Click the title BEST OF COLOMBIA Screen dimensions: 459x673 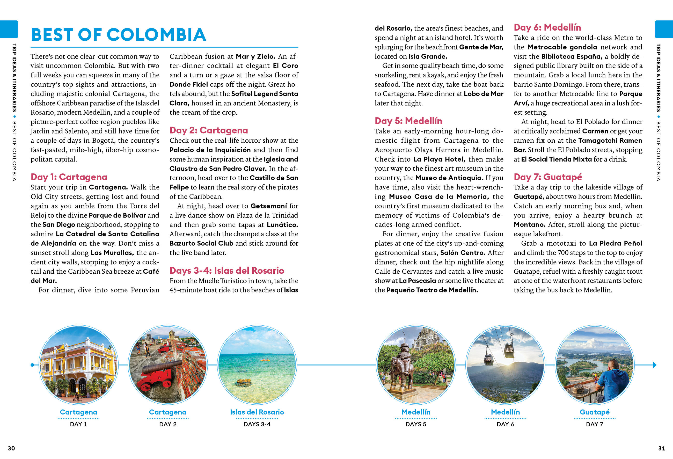coord(118,35)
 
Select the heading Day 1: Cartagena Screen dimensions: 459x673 coord(69,177)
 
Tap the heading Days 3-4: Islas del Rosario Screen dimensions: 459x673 coord(227,271)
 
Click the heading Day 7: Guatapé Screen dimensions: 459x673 coord(548,177)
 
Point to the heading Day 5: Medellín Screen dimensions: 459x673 coord(408,121)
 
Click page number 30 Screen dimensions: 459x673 coord(11,448)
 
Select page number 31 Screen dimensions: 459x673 coord(661,448)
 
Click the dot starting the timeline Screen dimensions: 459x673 coord(32,365)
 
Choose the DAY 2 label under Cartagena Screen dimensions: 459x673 coord(168,424)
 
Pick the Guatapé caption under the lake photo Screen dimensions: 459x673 coord(594,412)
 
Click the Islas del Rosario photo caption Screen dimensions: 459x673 coord(257,412)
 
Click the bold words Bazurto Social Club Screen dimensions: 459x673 coord(201,243)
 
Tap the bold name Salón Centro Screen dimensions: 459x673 coord(463,252)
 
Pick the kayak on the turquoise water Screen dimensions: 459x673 coord(265,360)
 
